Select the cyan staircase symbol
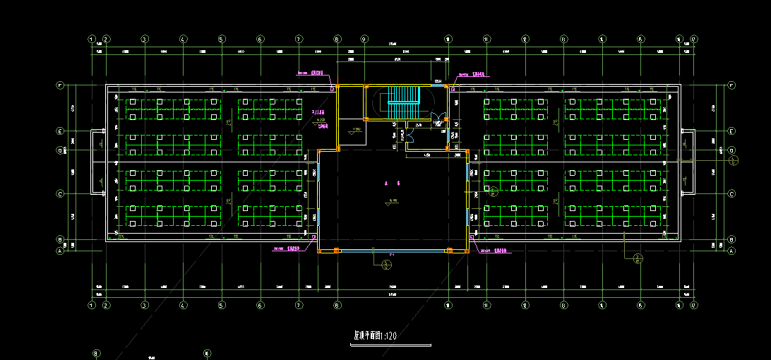point(404,100)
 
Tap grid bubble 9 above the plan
point(364,40)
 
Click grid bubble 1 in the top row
point(92,40)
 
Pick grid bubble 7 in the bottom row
point(299,306)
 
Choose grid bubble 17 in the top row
point(694,40)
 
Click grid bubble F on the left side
point(61,85)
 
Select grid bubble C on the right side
point(731,193)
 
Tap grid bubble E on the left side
point(61,131)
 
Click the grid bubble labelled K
point(207,353)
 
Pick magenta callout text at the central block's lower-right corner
point(492,250)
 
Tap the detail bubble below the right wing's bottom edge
point(638,258)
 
